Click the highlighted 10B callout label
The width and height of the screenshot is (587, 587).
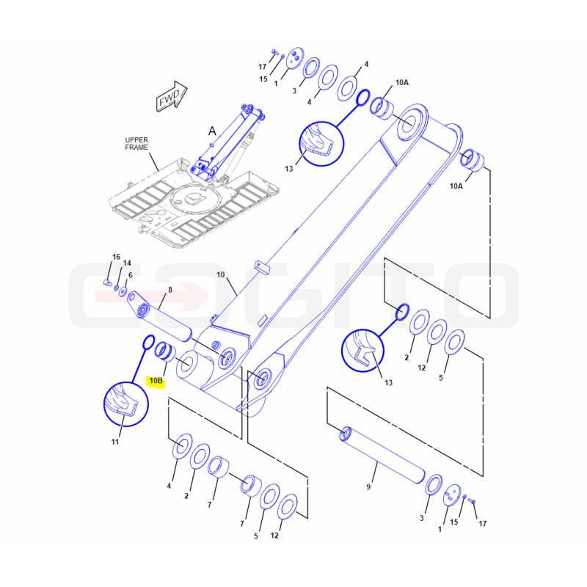point(156,381)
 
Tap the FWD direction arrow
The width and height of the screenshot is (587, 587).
point(172,96)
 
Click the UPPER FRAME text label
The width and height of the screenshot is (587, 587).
point(136,144)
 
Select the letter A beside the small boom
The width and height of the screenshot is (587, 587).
point(212,131)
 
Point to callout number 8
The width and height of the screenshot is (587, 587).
point(170,290)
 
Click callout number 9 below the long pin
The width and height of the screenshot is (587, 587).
point(368,486)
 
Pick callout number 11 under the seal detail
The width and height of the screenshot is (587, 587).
point(115,442)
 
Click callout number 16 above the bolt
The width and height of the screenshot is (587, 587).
point(116,257)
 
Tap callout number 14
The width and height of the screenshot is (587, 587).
point(127,263)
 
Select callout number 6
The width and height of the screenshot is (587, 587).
point(131,276)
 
